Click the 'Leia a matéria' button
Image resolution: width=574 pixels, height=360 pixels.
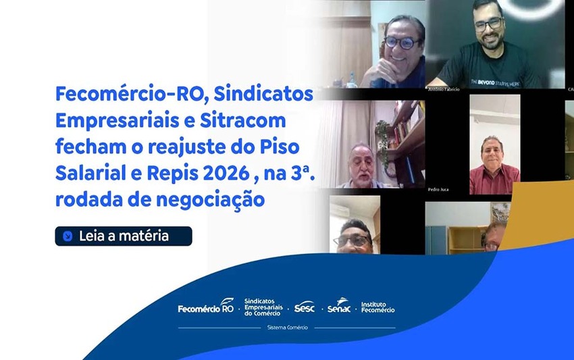[124, 236]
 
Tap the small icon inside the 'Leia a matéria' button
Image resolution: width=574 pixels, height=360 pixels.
[68, 236]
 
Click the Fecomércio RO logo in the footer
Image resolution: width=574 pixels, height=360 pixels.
[205, 307]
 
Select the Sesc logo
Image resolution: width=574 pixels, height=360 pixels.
[305, 307]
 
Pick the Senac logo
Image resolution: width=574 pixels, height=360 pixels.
[339, 307]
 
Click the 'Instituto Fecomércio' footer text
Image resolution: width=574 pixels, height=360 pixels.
[378, 307]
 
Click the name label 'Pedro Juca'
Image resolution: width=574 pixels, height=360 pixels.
[438, 190]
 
